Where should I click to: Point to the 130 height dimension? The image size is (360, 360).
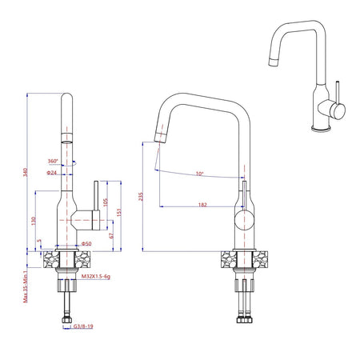(x=34, y=219)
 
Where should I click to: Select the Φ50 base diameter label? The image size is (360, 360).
(x=86, y=243)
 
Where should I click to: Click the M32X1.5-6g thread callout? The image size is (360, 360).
(x=98, y=275)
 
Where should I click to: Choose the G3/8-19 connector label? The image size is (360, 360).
(x=82, y=326)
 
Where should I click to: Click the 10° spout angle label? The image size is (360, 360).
(x=198, y=174)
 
